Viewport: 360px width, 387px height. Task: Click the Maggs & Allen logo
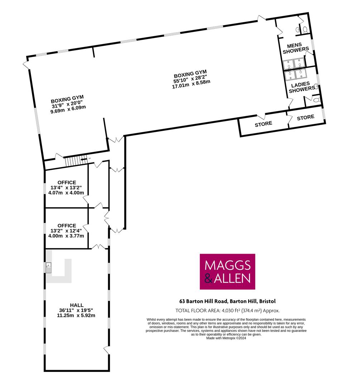[227, 272]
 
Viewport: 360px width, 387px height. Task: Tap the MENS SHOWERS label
[296, 48]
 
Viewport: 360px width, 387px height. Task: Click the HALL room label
[77, 305]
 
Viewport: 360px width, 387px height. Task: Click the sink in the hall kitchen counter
[49, 268]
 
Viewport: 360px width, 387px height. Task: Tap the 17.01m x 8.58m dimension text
[191, 84]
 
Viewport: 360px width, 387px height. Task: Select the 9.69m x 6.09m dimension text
[68, 109]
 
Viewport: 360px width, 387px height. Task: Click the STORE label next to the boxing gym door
[263, 124]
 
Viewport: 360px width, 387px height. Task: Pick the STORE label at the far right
[306, 118]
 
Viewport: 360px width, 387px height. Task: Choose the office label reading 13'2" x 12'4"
[66, 231]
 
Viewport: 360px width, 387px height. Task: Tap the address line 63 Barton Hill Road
[227, 301]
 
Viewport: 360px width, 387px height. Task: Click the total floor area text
[227, 310]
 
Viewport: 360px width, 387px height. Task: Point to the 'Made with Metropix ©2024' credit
[226, 338]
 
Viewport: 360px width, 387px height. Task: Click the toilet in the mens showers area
[305, 30]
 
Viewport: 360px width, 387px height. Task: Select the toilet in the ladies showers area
[316, 100]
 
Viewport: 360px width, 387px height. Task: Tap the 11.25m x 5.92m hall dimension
[76, 315]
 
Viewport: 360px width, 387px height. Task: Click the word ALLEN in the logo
[232, 278]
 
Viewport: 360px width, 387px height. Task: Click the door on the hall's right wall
[107, 350]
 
